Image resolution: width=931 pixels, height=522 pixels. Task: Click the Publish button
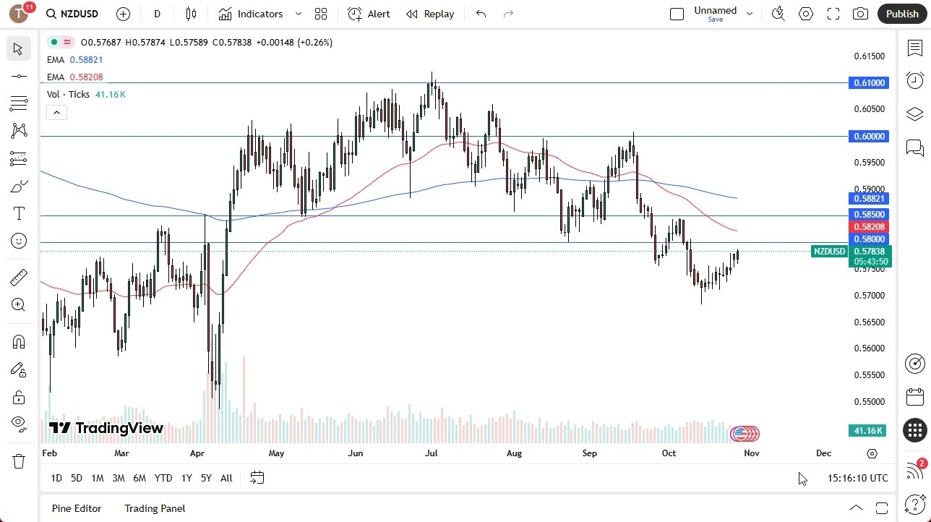tap(901, 14)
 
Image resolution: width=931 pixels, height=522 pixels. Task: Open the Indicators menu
tap(251, 14)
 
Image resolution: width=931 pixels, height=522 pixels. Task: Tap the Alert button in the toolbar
tap(369, 14)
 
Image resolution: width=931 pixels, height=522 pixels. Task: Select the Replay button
tap(430, 14)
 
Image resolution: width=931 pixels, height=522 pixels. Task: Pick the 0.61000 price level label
tap(870, 83)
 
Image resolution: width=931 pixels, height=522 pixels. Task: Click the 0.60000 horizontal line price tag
tap(870, 137)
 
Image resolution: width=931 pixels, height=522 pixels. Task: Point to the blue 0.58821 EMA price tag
tap(870, 199)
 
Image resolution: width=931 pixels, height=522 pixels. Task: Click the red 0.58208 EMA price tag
tap(870, 227)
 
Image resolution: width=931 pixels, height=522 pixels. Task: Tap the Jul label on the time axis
tap(432, 453)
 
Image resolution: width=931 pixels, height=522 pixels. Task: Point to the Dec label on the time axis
tap(823, 453)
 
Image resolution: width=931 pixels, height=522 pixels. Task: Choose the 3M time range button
tap(119, 478)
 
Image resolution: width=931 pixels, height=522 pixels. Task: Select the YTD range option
tap(163, 478)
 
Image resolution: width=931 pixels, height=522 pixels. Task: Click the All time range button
tap(226, 478)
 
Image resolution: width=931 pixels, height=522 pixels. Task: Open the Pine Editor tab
tap(77, 508)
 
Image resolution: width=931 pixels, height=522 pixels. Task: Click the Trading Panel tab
tap(155, 508)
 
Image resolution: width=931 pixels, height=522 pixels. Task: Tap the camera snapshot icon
tap(860, 14)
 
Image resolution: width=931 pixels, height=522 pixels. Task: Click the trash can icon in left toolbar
tap(18, 461)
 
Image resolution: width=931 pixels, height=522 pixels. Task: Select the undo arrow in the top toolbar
tap(481, 14)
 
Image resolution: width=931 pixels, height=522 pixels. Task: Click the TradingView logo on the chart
tap(106, 429)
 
